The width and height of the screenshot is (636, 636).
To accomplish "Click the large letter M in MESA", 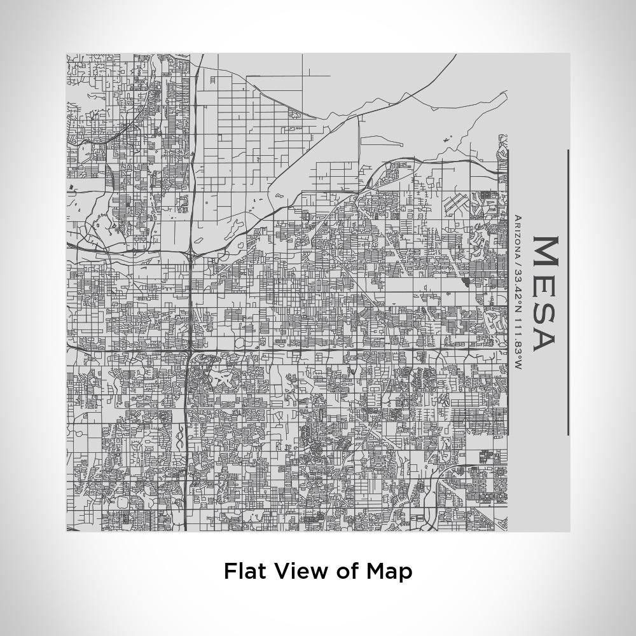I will click(x=544, y=252).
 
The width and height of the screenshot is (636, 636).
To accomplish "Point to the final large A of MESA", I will click(x=544, y=338).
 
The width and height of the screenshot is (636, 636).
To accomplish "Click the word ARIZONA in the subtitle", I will click(x=518, y=235).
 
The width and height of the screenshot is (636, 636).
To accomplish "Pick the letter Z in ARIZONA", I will click(x=518, y=235).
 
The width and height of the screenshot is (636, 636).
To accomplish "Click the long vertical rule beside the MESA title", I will click(x=568, y=293).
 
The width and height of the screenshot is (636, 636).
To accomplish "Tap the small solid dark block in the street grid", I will click(x=465, y=281).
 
